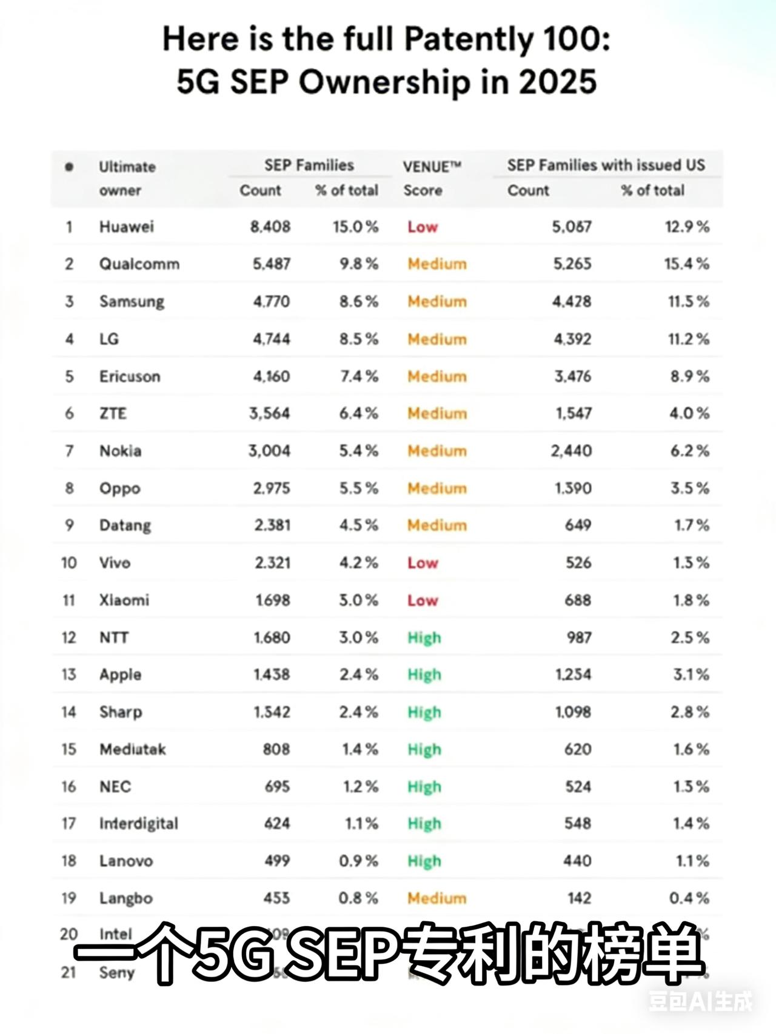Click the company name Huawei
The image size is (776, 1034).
pos(126,227)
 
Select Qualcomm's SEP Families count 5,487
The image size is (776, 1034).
pos(272,264)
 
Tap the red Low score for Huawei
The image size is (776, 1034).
pos(422,227)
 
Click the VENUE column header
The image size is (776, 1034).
pos(432,166)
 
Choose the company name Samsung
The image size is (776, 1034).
pos(132,301)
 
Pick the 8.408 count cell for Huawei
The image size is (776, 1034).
pos(270,227)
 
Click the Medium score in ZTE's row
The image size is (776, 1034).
pos(436,413)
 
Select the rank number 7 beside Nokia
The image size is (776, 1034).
pos(69,451)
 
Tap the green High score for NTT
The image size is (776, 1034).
pos(424,638)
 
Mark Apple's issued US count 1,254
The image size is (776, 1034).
pos(573,675)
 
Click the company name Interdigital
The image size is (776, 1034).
pos(139,824)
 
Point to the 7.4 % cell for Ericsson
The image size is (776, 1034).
pos(358,376)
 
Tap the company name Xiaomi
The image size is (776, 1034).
pos(124,600)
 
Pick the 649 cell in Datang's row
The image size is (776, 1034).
pos(578,525)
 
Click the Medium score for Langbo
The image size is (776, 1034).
pos(436,898)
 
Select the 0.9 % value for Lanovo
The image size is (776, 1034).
pos(358,861)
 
